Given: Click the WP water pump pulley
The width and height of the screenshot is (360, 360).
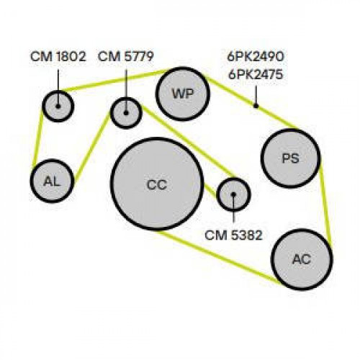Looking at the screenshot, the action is point(183,94).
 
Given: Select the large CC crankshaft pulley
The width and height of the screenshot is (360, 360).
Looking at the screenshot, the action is point(157,184).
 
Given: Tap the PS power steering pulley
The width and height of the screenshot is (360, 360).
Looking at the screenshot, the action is point(291,158).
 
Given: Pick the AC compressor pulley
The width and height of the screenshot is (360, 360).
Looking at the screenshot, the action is point(302,259).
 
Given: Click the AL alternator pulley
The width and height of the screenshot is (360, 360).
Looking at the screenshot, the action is point(52,181).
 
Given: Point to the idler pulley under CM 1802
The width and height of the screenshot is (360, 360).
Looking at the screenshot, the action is point(58,106).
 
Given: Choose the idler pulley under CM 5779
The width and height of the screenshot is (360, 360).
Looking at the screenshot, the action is point(126,113).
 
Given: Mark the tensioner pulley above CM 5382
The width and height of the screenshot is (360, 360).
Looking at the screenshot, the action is point(233,194).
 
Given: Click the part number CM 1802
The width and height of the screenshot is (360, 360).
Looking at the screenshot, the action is point(58,57).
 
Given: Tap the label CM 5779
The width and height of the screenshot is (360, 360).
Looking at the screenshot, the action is point(126,57).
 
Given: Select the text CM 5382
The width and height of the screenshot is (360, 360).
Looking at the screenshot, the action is point(233,235).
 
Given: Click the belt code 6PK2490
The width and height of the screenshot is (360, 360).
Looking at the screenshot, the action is point(256,57).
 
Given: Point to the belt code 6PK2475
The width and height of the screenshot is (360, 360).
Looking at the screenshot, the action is point(256,75).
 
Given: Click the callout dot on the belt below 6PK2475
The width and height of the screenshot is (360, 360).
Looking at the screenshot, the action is point(256,106).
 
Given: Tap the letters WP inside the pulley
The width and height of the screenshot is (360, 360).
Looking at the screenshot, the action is point(183,94).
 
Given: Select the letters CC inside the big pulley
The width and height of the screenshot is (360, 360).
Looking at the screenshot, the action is point(157,185).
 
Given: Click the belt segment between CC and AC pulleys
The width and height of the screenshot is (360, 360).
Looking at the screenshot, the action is point(217,257).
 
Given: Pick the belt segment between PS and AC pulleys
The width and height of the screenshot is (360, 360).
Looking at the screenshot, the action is point(326,207).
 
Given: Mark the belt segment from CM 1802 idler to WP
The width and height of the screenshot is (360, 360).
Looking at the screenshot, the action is point(114,80).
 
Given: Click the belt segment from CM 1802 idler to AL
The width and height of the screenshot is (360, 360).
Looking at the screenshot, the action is point(38,138).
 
